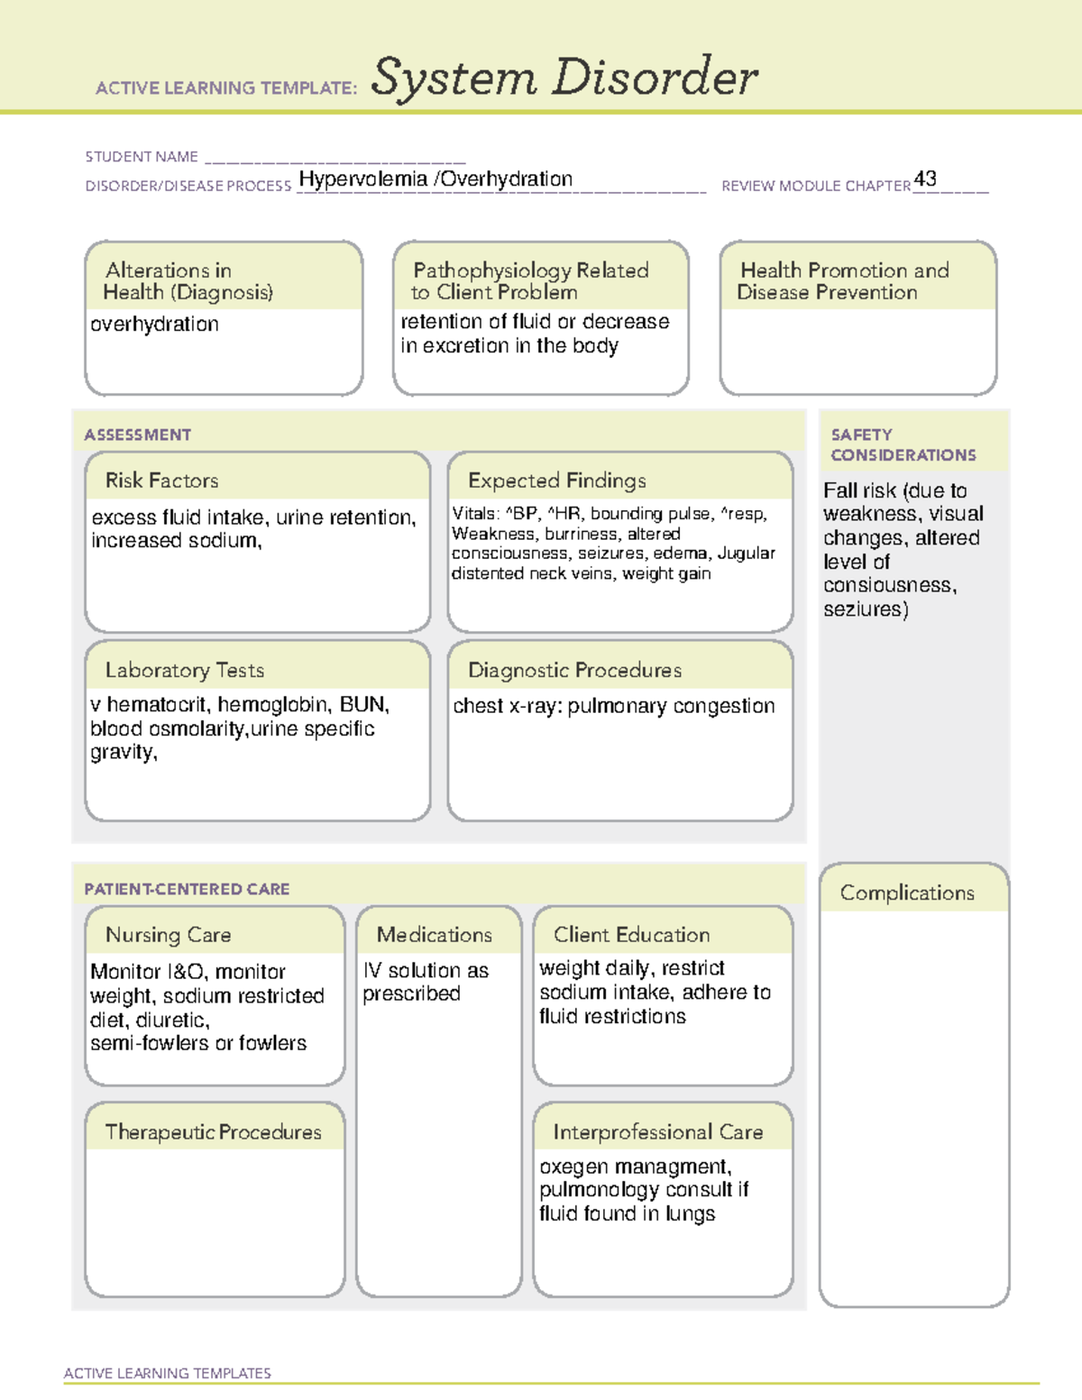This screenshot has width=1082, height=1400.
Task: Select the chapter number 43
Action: coord(925,178)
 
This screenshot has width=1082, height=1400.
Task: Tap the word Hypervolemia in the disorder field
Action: coord(362,178)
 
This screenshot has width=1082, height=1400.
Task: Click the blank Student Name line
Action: coord(335,158)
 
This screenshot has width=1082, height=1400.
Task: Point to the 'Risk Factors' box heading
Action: coord(161,480)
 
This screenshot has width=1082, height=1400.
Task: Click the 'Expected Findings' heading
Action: coord(556,480)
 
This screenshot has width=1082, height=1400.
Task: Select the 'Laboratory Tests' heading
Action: coord(184,670)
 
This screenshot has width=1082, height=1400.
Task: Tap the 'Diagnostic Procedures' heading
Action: coord(574,670)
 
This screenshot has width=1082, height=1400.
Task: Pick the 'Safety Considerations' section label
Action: coord(903,444)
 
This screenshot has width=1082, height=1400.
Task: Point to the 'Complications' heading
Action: coord(907,892)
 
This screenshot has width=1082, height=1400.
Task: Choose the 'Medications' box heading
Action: coord(434,935)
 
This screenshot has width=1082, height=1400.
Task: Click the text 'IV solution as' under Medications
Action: coord(426,970)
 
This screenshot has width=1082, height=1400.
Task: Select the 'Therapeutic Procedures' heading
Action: coord(213,1131)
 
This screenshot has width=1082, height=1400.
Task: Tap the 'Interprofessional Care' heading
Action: coord(657,1131)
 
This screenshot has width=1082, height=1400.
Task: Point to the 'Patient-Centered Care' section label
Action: coord(187,889)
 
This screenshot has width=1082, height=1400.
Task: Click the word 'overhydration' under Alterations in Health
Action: coord(154,324)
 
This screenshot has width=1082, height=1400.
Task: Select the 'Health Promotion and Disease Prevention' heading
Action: coord(843,281)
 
